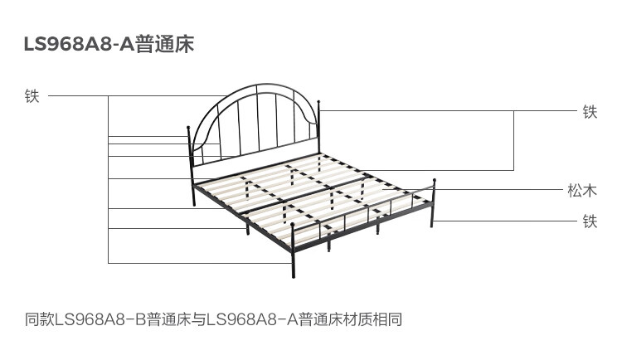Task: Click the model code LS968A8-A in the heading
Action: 80,44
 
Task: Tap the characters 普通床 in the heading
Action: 165,44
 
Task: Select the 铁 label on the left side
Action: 32,96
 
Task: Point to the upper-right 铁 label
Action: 590,112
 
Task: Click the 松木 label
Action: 582,191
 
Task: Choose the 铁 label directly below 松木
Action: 590,221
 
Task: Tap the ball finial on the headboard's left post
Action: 188,128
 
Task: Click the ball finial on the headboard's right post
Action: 318,102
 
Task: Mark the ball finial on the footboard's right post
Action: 435,181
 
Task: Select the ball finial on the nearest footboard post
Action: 293,225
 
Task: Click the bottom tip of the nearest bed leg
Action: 294,277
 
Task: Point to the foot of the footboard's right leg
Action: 432,226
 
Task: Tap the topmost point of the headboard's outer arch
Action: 265,84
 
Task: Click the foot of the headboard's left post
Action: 194,204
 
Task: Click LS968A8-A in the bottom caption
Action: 252,319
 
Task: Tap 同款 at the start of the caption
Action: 40,319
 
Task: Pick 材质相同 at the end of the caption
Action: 373,319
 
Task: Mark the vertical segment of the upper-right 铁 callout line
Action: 514,140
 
